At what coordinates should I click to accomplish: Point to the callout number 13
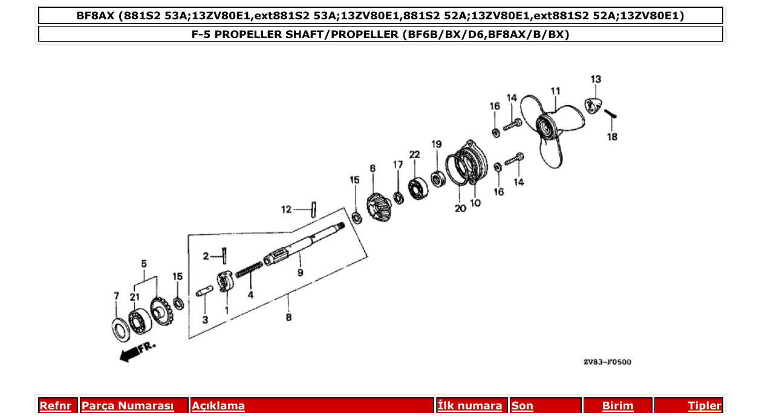coord(596,79)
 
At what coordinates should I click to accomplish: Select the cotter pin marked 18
coord(609,112)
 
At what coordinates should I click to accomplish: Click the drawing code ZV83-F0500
coord(607,362)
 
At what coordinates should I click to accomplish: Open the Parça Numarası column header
coord(128,406)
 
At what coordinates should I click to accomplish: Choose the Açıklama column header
coord(218,406)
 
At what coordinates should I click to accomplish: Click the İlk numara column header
coord(469,406)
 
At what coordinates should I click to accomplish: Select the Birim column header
coord(617,406)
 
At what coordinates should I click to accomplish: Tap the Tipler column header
coord(704,406)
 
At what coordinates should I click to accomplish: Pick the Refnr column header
coord(55,406)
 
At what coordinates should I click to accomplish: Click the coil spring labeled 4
coord(249,270)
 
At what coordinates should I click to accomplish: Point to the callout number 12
coord(286,210)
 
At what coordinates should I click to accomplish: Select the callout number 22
coord(414,155)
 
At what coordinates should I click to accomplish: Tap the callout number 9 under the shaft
coord(300,273)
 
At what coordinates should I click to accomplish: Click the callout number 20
coord(460,208)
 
